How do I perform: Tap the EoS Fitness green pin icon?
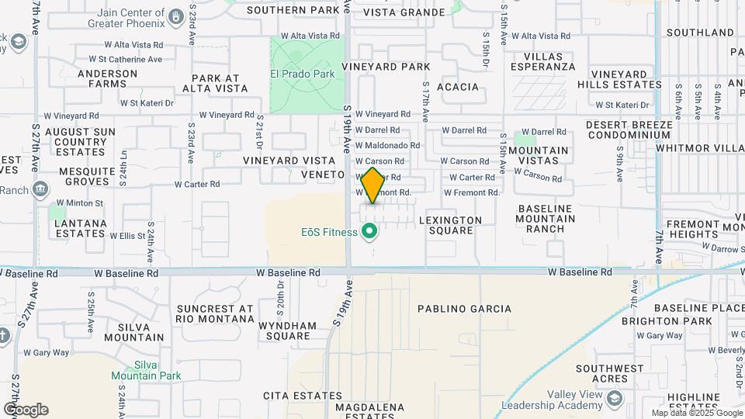coord(370,231)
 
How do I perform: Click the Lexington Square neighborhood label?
coord(450,225)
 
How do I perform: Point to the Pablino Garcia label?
coord(464,309)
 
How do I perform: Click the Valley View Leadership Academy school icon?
coord(615,398)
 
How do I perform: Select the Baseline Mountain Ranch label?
coord(546,219)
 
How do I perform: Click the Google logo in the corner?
coord(25,410)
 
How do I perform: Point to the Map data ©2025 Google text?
coord(696,412)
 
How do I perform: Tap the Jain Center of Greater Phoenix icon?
coord(176,16)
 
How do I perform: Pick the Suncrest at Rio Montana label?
coord(214,313)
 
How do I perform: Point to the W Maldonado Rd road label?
coord(388,145)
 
